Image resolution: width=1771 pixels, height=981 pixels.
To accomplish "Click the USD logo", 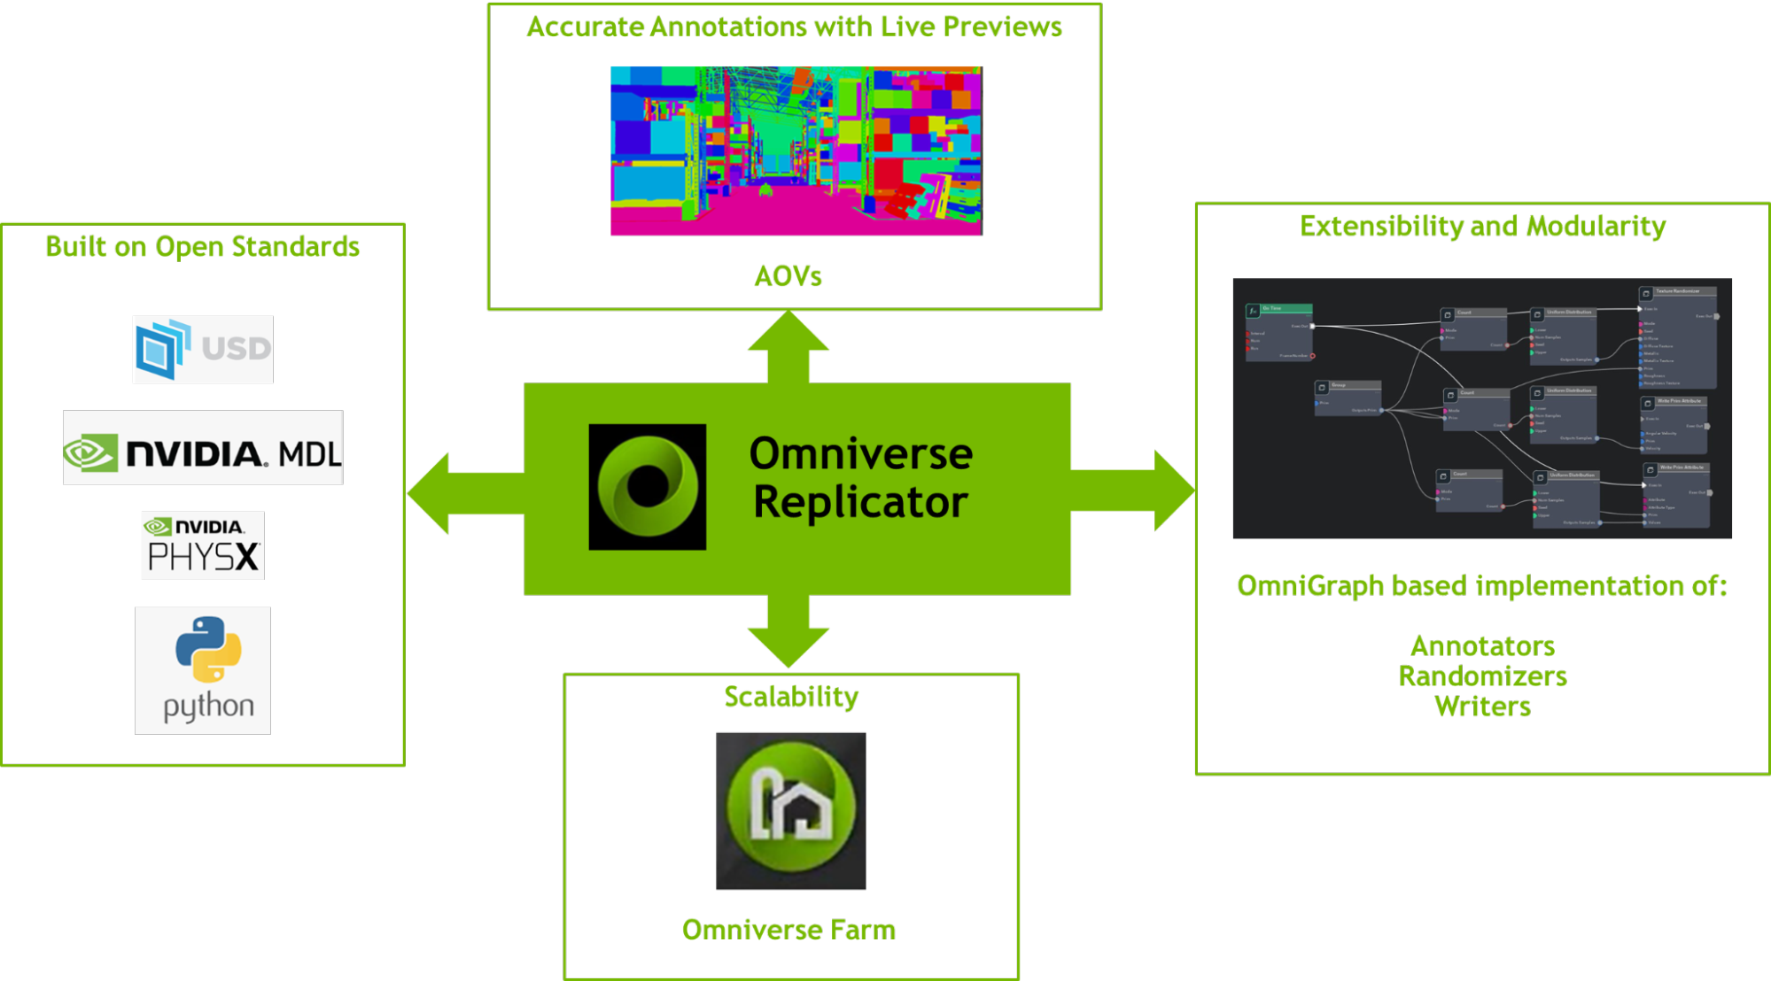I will [x=202, y=349].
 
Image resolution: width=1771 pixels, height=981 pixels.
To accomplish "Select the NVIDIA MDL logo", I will [x=202, y=448].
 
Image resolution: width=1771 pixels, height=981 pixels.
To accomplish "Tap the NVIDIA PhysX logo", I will [x=202, y=545].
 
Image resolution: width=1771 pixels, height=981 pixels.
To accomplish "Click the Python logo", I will [x=202, y=670].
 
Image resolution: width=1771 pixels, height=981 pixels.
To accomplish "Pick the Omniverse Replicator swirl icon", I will [x=647, y=487].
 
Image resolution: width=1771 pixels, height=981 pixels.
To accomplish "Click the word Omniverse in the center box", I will [x=860, y=454].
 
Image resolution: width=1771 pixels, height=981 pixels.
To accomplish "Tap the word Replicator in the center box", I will [x=860, y=502].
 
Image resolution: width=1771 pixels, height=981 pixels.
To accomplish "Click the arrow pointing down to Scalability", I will [x=788, y=636].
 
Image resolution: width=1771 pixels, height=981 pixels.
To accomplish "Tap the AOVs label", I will [x=788, y=276].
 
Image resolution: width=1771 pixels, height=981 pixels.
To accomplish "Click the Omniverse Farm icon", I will [x=790, y=809].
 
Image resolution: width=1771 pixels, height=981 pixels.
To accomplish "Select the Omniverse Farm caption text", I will [x=788, y=930].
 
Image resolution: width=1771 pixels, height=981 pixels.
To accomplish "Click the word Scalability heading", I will [x=791, y=697].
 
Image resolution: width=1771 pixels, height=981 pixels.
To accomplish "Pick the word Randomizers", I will [x=1482, y=676].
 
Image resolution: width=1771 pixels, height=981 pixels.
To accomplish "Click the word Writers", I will [x=1482, y=707].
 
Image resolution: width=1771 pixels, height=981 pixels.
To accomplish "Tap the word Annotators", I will [x=1482, y=646].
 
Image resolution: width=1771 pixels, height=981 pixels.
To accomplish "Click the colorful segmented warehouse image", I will [x=796, y=151].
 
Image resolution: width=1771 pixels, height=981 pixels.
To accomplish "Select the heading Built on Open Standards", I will [x=202, y=246].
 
